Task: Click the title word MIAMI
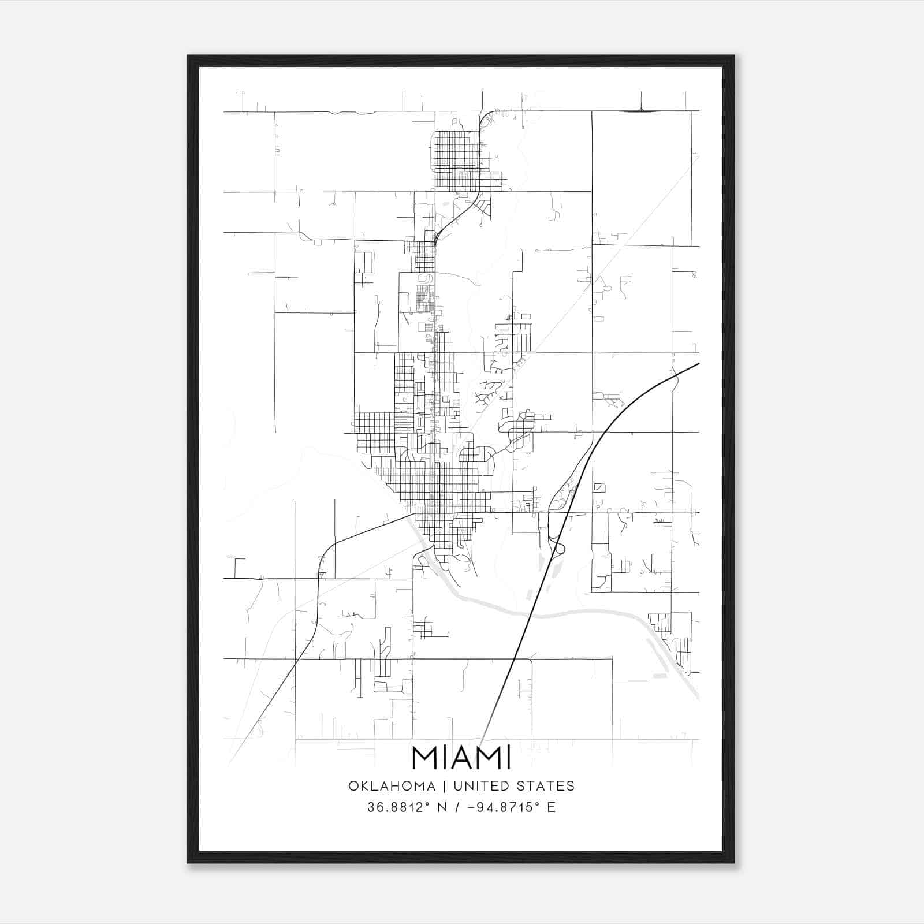461,758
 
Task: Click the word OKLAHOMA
392,786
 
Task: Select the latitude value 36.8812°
399,807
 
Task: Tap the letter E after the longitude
552,807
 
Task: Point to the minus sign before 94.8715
476,807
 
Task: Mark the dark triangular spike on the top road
642,105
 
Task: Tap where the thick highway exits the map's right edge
698,364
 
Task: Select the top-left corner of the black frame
188,56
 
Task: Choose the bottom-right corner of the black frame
733,863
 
